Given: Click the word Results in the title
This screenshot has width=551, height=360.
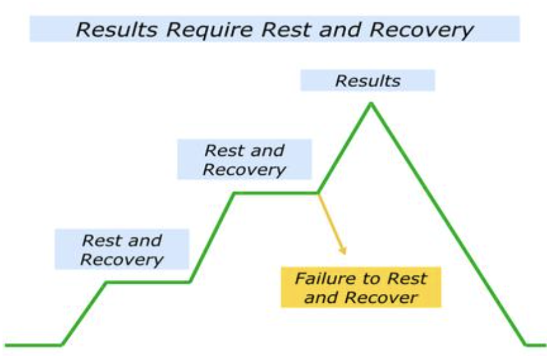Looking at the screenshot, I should tap(111, 29).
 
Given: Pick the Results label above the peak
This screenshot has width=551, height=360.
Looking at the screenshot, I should tap(368, 81).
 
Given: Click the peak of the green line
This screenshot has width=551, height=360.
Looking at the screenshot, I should tap(371, 104).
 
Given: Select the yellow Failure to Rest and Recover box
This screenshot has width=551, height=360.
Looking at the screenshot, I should tap(361, 287).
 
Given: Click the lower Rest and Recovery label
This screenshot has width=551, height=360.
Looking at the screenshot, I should tap(122, 249).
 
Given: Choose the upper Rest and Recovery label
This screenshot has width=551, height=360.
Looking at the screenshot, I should tap(244, 160).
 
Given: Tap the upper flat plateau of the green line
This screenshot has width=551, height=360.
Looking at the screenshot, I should tap(276, 192).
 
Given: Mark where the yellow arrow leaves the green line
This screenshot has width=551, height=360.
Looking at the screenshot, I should tap(318, 193).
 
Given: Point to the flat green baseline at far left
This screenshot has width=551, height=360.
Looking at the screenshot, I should tap(32, 345).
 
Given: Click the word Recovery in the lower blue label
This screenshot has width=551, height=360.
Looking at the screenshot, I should tap(122, 260).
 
